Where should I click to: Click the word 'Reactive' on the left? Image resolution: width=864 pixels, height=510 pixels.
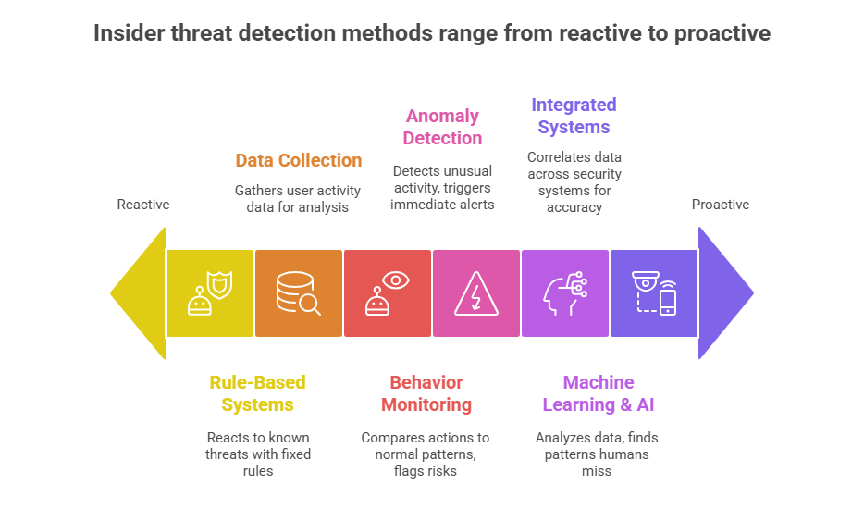143,205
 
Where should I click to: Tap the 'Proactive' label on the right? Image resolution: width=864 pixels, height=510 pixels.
721,205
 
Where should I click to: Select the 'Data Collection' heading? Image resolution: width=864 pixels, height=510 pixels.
299,160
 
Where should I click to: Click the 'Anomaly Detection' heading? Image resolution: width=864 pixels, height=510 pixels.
443,127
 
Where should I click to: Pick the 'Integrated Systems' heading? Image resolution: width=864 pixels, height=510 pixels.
574,116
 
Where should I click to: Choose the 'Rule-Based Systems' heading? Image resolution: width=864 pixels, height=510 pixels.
257,393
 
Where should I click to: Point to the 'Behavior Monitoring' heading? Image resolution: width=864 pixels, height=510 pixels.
426,393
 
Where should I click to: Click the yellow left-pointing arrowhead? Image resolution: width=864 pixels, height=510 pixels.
137,293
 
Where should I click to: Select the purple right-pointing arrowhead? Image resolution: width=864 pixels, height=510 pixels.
724,293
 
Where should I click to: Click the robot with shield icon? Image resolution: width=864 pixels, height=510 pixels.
210,293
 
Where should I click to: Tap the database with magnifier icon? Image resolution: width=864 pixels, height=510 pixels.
299,293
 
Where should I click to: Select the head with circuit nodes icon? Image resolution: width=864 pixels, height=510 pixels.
564,293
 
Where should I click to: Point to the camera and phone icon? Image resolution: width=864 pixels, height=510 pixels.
654,293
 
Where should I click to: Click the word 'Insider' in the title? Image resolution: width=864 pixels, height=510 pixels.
130,34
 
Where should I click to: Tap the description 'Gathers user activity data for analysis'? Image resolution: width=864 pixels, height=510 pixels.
298,198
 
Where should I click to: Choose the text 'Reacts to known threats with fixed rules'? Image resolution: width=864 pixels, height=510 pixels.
257,454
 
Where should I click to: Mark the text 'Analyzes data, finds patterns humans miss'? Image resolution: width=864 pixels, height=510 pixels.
597,454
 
